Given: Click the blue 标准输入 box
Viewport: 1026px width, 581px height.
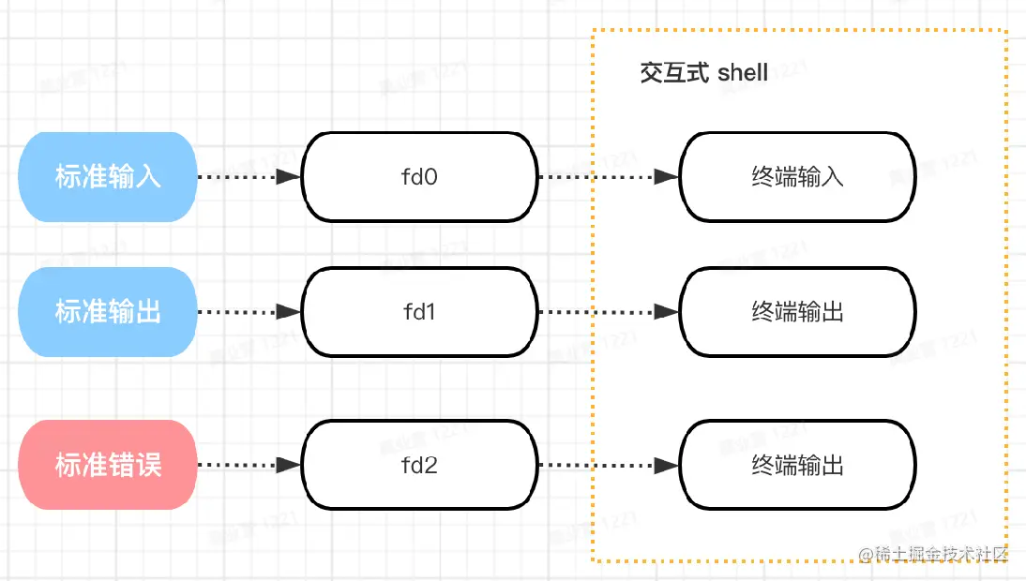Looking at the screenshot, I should (x=107, y=177).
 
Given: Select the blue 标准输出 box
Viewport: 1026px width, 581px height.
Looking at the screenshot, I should (x=107, y=312).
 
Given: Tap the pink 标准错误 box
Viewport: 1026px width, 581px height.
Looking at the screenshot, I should (x=107, y=465).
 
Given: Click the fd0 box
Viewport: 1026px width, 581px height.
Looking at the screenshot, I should (x=419, y=177).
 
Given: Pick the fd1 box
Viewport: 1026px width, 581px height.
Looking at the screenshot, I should (x=419, y=312).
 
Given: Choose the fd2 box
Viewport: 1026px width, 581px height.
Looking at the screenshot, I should (x=419, y=465).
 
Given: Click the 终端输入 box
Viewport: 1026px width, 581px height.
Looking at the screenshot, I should (x=797, y=177).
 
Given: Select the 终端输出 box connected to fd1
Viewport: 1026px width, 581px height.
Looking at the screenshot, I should (x=797, y=312).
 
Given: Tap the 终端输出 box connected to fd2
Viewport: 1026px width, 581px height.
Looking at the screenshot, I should (x=797, y=465).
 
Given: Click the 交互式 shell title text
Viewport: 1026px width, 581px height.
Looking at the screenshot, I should (x=703, y=73).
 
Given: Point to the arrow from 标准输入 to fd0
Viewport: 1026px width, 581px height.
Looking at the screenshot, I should (x=246, y=176).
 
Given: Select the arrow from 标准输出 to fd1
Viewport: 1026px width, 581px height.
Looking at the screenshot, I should (x=246, y=312).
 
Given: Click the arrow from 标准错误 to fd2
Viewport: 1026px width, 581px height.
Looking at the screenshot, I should (x=246, y=465).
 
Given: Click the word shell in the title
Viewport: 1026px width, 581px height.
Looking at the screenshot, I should (x=742, y=73).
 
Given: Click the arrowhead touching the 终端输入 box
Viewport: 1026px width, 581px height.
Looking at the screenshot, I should (x=667, y=176).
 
